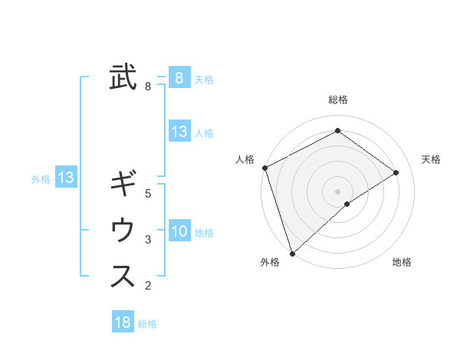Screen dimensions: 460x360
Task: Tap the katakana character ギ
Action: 123,185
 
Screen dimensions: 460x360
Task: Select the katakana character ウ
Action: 123,230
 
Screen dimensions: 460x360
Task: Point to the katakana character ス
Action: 123,276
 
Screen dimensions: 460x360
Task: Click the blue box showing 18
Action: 123,322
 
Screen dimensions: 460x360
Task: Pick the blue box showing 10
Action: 179,231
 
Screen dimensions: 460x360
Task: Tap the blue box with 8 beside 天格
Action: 179,77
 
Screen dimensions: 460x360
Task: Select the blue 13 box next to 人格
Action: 179,132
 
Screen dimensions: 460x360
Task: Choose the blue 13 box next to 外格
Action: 65,178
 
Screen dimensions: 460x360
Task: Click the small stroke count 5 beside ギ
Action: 148,194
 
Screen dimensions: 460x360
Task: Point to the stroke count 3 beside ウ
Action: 148,240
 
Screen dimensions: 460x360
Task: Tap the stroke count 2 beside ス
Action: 148,286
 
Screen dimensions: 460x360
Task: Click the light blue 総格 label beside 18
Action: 147,324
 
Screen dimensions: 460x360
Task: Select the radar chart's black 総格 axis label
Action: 338,100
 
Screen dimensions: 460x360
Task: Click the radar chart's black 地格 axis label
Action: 402,263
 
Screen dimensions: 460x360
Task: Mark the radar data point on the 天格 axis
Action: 396,172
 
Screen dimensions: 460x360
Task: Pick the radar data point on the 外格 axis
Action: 292,253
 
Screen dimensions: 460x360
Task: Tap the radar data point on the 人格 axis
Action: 264,168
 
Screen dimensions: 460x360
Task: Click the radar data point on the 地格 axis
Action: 347,204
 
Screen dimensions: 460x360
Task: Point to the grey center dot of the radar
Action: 338,191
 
